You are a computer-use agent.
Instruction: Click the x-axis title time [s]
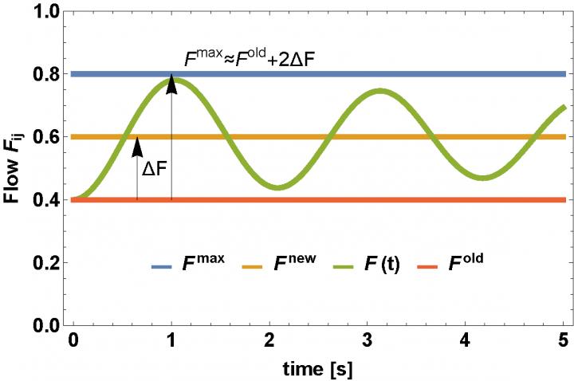pos(318,368)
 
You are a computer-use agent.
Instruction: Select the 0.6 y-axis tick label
pos(49,137)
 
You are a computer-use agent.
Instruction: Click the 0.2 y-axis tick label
pos(49,263)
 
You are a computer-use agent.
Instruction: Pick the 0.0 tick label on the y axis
pos(49,325)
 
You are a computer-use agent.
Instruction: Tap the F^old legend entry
pos(461,258)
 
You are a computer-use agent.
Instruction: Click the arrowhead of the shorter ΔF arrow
pos(137,145)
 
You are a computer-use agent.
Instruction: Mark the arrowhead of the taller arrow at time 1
pos(171,82)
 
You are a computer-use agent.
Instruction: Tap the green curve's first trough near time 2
pos(276,188)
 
